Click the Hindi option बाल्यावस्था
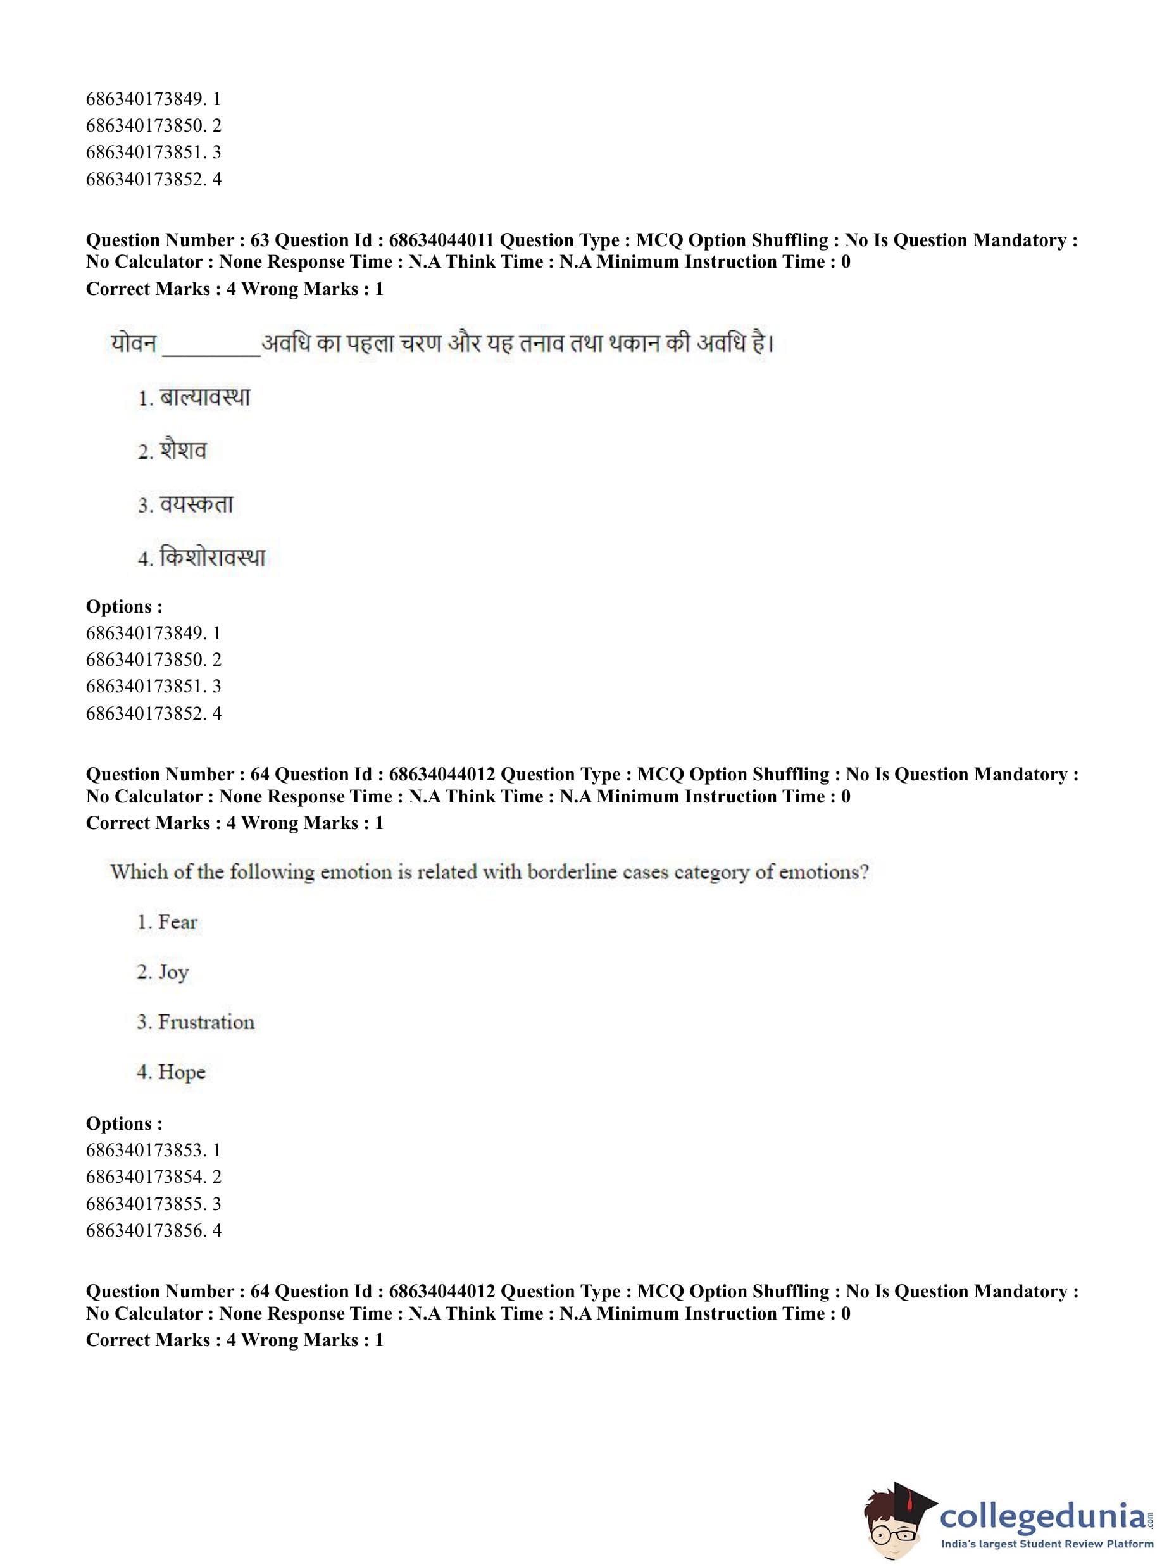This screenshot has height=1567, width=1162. click(204, 398)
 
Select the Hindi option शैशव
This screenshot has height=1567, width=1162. click(183, 451)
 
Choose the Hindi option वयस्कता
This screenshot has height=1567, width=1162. click(196, 505)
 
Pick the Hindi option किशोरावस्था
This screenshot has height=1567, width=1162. click(212, 558)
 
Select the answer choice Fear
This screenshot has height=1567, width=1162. click(177, 922)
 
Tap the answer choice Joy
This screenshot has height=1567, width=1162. click(173, 972)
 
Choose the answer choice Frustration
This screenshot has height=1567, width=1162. click(206, 1022)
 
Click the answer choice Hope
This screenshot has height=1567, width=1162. click(182, 1072)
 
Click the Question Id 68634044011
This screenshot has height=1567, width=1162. click(441, 240)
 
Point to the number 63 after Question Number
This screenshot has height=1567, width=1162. click(259, 240)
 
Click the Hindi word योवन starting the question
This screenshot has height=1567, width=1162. click(133, 344)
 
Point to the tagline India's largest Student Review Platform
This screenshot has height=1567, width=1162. click(1047, 1544)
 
